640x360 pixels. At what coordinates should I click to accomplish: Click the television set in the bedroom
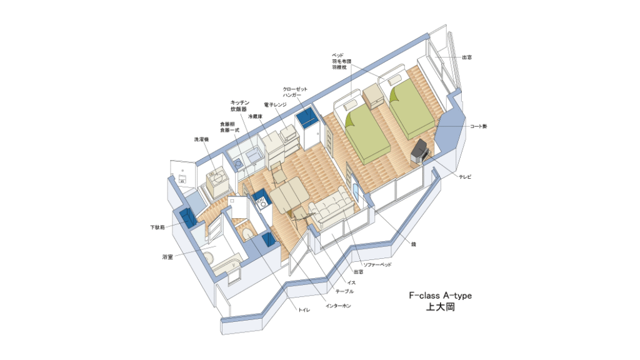420,151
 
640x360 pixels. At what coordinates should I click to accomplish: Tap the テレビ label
465,177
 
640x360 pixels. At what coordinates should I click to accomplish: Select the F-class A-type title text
441,296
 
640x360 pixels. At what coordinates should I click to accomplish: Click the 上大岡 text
441,307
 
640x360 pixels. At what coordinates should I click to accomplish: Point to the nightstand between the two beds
372,96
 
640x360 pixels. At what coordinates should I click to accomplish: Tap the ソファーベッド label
378,265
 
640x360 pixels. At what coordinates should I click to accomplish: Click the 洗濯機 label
201,139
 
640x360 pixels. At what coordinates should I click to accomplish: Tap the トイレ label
304,310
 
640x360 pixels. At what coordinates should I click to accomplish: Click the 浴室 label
167,257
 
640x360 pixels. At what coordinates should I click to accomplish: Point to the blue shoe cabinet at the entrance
187,217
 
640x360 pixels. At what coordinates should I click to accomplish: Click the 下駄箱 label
157,227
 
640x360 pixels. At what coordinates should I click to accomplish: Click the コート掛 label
478,126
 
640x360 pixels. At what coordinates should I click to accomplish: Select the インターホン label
338,306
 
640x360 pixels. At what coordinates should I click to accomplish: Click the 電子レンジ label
275,105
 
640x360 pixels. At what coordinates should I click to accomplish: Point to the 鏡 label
414,244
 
